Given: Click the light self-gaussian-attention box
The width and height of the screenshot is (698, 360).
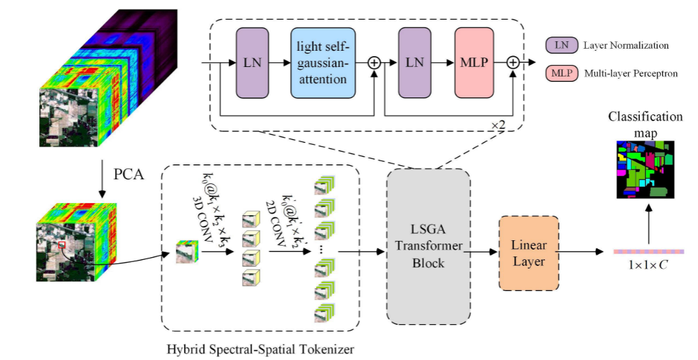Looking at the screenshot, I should click(x=323, y=62).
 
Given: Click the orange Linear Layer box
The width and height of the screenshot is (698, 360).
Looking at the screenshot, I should click(x=528, y=254).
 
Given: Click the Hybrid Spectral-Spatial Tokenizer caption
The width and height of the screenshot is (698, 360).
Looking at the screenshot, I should click(x=260, y=350).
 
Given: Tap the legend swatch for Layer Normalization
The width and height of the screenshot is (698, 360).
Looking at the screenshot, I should click(x=561, y=45).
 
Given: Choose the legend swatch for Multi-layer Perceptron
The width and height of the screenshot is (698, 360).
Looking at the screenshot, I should click(x=561, y=72).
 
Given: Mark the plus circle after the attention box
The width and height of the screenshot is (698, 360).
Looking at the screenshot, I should click(x=374, y=62).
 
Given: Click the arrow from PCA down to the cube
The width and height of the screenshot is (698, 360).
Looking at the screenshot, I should click(x=101, y=179).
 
